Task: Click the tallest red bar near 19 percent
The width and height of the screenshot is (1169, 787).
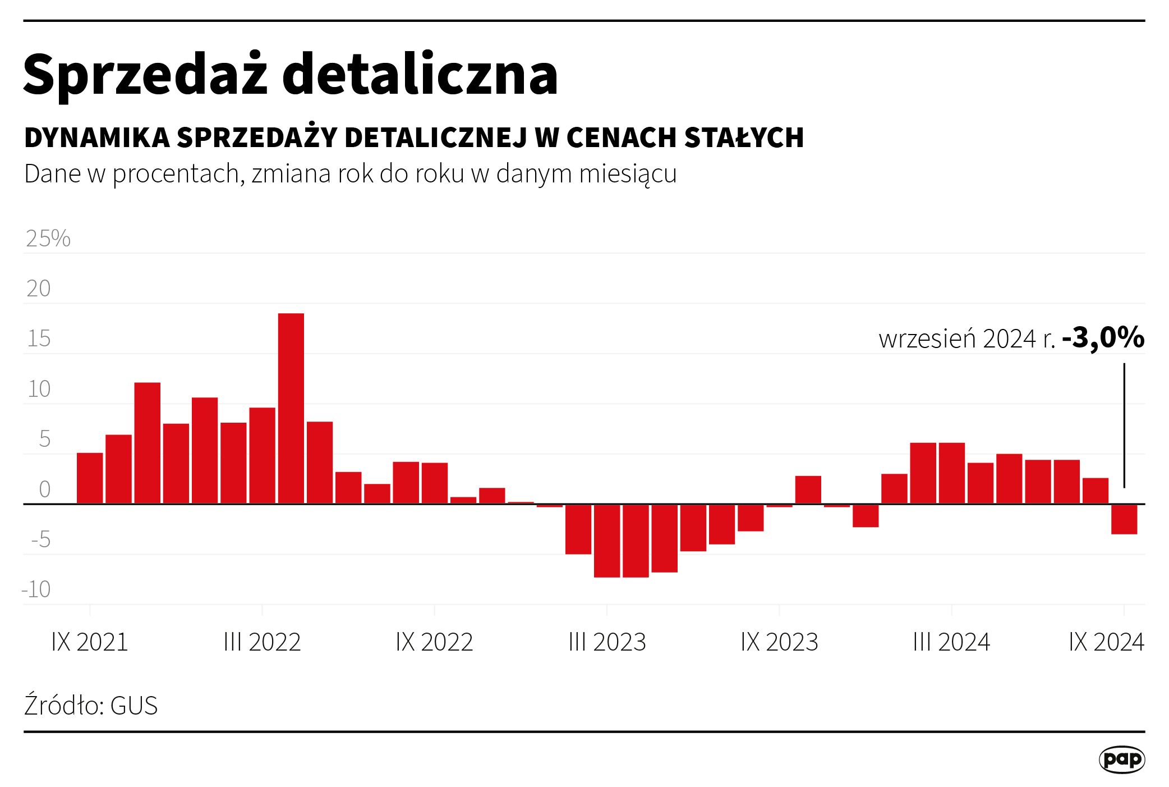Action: (291, 408)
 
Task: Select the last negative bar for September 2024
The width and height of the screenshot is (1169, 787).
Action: (1124, 519)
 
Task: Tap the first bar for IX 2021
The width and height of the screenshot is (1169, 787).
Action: (90, 478)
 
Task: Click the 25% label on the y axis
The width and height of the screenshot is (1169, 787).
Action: (48, 239)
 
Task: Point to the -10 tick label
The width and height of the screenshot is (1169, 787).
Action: (36, 589)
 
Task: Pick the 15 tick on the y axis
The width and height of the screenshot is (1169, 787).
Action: (39, 339)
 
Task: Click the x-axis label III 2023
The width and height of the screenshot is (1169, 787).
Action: (607, 642)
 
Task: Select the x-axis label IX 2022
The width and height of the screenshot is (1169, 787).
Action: (434, 642)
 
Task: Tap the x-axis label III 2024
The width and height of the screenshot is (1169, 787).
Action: (951, 642)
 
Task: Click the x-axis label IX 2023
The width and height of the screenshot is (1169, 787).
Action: (779, 642)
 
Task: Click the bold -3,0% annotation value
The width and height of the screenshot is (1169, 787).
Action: (1103, 338)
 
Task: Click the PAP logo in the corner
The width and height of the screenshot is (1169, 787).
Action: (1121, 760)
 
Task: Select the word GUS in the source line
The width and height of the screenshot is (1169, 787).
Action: (134, 706)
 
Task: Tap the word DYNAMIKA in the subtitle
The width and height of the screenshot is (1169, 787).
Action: (97, 138)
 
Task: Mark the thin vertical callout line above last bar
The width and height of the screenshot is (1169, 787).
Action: (1124, 425)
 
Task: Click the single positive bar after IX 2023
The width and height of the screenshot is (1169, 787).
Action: (808, 490)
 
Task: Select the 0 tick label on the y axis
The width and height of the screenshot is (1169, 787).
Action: (45, 489)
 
